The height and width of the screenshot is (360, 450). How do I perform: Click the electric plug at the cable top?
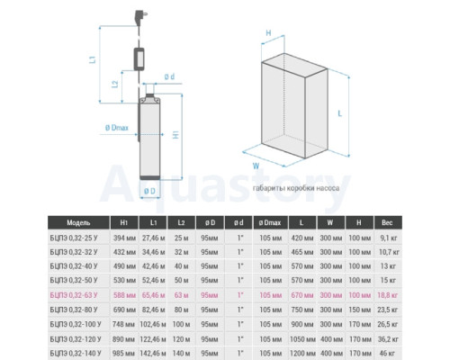pos(140,17)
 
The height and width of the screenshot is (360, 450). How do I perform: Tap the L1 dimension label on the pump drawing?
pos(93,59)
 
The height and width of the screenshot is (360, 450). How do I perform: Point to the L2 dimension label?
pos(115,84)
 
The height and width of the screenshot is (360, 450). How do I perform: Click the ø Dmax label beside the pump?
pos(117,128)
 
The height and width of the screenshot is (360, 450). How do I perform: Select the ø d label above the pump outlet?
pos(169,76)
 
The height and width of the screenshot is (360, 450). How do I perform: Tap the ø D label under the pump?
pos(149,191)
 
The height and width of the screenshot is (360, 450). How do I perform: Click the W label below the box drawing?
pos(256,166)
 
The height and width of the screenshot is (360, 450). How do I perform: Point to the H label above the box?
pos(268,33)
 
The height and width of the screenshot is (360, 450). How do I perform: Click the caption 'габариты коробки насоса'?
pos(296,188)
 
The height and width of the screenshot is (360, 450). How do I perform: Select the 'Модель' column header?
pos(78,223)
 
